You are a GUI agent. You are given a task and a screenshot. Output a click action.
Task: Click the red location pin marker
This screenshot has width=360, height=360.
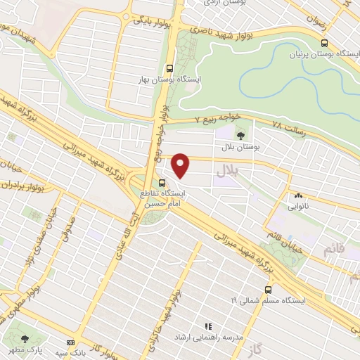click(181, 165)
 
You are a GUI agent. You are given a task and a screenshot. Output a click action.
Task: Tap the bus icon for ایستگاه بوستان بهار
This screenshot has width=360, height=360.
click(169, 70)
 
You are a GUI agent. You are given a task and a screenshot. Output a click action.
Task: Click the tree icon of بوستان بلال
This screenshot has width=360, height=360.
click(240, 136)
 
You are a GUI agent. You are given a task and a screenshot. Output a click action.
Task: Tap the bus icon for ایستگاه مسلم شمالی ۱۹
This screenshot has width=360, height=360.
click(268, 290)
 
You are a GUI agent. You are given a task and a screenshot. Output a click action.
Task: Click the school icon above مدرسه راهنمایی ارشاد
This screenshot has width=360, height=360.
click(207, 326)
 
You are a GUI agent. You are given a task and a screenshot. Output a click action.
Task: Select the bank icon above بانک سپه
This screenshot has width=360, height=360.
click(69, 340)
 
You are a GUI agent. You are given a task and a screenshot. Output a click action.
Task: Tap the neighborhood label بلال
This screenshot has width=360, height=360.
click(229, 169)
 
